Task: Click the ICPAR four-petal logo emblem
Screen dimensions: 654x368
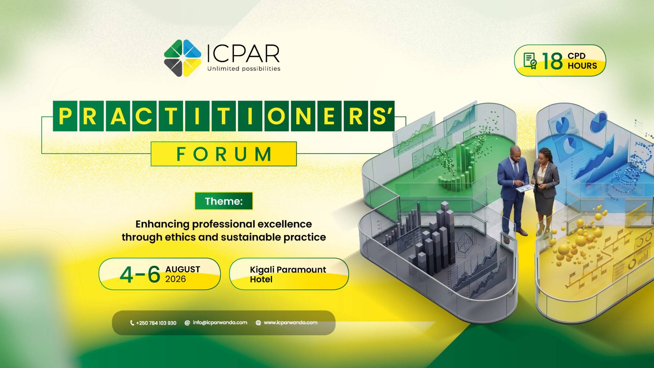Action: coord(183,58)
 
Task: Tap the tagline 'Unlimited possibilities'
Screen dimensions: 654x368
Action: coord(244,68)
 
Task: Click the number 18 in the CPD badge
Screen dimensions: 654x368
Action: coord(552,61)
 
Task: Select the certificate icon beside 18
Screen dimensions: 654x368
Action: coord(530,61)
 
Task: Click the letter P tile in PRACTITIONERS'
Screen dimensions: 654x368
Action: coord(65,116)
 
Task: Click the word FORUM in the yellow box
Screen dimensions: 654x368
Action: coord(224,154)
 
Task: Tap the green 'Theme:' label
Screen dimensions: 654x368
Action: coord(224,201)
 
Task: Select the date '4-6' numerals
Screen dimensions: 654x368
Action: coord(140,274)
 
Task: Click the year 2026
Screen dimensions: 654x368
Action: coord(175,279)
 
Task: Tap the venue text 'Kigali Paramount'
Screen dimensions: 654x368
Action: coord(288,270)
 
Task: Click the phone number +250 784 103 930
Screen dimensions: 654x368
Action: coord(156,323)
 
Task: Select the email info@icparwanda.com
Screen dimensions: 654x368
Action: coord(220,322)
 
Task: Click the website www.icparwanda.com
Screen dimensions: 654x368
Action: coord(291,322)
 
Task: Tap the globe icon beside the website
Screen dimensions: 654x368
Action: coord(258,323)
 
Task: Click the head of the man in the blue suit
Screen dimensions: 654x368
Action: coord(515,153)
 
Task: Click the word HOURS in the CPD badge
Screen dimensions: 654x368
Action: coord(582,66)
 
